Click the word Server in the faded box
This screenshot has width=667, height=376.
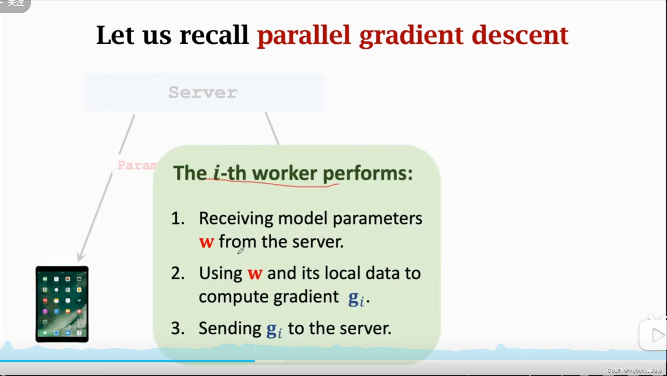click(x=203, y=92)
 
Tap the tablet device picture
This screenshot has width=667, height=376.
click(x=62, y=304)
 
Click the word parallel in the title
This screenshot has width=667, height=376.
click(x=304, y=35)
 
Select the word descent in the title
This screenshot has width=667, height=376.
click(x=520, y=35)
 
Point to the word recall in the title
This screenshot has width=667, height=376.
click(x=214, y=35)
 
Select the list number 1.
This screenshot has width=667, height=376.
click(x=177, y=218)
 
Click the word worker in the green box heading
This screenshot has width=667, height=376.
click(x=285, y=173)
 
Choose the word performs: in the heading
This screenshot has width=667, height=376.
click(x=367, y=174)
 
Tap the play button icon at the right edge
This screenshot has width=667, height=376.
click(x=657, y=336)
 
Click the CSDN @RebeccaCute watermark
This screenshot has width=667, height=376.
click(x=634, y=371)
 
